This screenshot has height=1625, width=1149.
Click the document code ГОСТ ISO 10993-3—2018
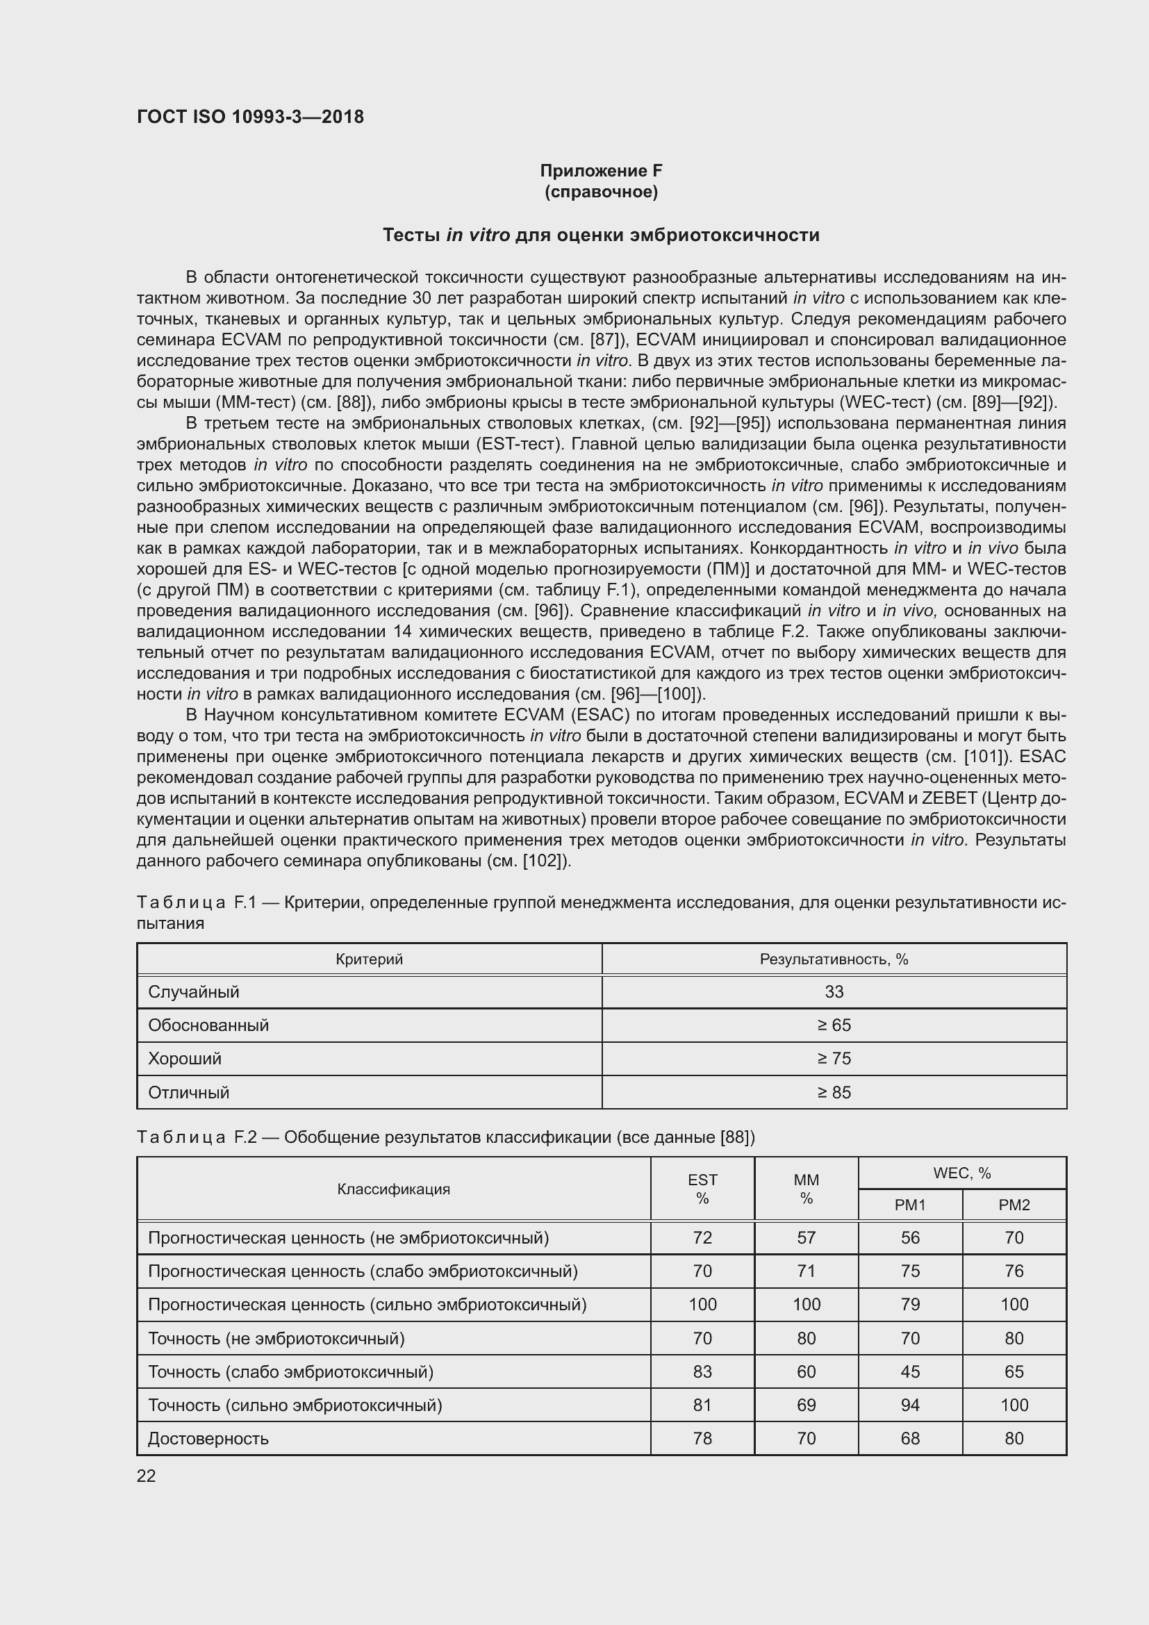pyautogui.click(x=250, y=117)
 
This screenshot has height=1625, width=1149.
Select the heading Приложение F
pyautogui.click(x=601, y=171)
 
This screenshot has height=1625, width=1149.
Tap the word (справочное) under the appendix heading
pyautogui.click(x=601, y=192)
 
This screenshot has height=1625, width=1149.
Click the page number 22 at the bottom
pyautogui.click(x=146, y=1476)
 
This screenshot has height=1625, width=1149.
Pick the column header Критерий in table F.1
pyautogui.click(x=369, y=959)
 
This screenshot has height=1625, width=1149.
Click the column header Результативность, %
pyautogui.click(x=834, y=959)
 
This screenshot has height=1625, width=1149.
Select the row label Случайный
pyautogui.click(x=193, y=991)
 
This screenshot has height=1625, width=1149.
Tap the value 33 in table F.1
pyautogui.click(x=834, y=991)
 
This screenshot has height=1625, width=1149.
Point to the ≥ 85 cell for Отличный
pyautogui.click(x=834, y=1092)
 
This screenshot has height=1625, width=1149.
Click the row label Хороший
pyautogui.click(x=184, y=1059)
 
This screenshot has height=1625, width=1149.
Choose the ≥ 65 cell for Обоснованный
pyautogui.click(x=834, y=1025)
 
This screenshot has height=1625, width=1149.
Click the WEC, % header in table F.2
pyautogui.click(x=961, y=1173)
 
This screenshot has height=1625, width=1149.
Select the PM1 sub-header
pyautogui.click(x=910, y=1205)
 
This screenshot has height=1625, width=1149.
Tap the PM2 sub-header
pyautogui.click(x=1014, y=1205)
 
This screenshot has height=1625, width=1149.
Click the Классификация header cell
pyautogui.click(x=393, y=1189)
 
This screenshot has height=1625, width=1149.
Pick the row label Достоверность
pyautogui.click(x=208, y=1438)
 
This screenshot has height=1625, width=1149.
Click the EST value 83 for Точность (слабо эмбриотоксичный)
pyautogui.click(x=702, y=1371)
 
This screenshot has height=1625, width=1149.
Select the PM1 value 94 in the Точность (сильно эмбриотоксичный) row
pyautogui.click(x=910, y=1405)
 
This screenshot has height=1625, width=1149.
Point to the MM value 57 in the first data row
pyautogui.click(x=806, y=1237)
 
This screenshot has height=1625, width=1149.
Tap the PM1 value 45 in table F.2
pyautogui.click(x=910, y=1371)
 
